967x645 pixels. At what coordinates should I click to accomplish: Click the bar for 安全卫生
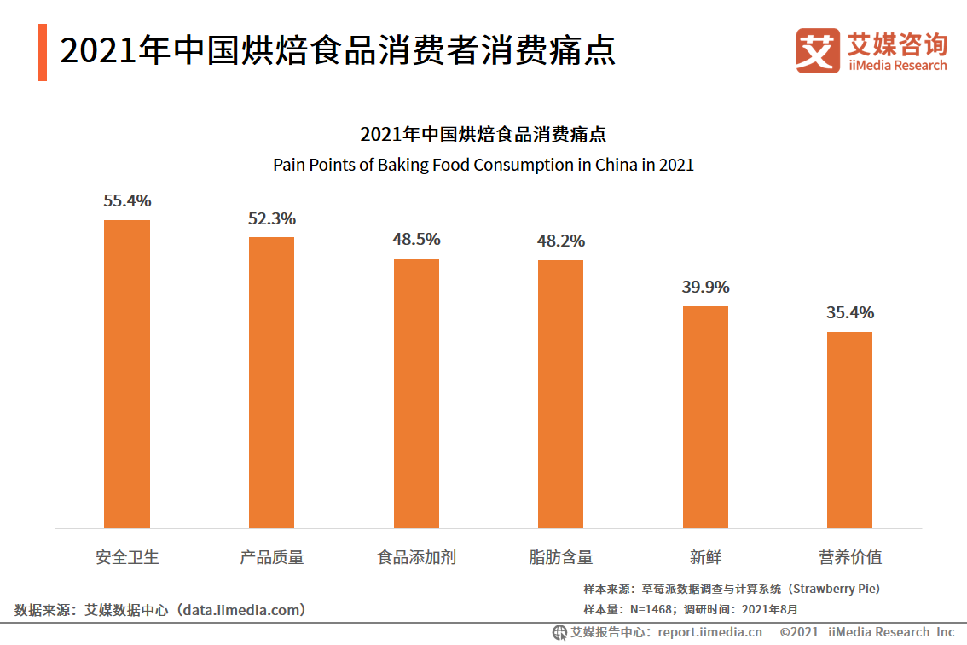click(127, 374)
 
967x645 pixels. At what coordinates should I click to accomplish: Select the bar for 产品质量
click(271, 382)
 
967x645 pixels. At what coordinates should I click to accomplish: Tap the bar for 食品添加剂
click(416, 392)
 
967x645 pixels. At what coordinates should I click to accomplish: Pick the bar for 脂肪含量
click(560, 393)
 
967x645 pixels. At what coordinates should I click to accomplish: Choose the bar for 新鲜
click(705, 416)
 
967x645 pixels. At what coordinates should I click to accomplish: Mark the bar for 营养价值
click(849, 429)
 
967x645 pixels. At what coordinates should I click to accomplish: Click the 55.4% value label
click(127, 201)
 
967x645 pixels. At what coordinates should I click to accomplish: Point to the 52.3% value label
click(272, 218)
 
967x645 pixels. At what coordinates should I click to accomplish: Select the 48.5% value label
click(416, 240)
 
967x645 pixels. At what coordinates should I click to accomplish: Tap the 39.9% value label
click(705, 288)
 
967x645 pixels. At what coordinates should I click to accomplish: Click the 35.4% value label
click(850, 313)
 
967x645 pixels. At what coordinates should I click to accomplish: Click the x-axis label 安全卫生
click(127, 558)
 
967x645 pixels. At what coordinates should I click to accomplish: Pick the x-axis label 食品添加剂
click(416, 558)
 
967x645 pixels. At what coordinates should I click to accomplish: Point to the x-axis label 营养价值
click(850, 558)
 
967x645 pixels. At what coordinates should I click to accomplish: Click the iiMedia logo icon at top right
click(817, 50)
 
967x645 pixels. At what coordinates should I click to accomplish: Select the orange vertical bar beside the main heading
click(43, 53)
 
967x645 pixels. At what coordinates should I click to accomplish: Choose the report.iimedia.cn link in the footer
click(709, 632)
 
